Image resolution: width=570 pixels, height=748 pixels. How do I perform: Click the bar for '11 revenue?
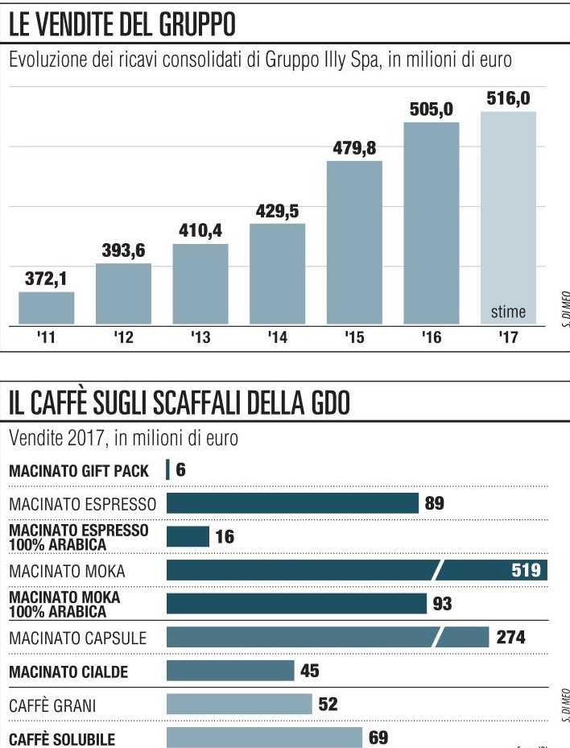click(46, 308)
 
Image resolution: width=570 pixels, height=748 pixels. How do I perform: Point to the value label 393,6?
click(123, 251)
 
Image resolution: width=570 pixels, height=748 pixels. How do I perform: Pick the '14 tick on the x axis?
click(277, 338)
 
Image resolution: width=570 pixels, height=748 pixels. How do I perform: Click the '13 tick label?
click(200, 338)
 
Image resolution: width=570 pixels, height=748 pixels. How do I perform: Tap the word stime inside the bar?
click(508, 312)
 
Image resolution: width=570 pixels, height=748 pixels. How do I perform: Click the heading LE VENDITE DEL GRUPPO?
click(122, 26)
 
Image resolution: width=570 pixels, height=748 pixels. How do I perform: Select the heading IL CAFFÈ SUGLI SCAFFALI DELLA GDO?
click(179, 403)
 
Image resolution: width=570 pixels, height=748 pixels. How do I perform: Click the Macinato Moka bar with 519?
click(357, 571)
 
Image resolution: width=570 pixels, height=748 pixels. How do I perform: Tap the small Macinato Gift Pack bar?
click(167, 469)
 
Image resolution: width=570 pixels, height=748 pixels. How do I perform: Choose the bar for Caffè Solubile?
click(264, 738)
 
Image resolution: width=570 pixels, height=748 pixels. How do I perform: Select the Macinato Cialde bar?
click(230, 671)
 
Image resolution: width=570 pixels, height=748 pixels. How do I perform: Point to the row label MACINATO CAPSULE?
click(78, 638)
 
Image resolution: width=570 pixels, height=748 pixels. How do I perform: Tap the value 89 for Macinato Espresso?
click(435, 503)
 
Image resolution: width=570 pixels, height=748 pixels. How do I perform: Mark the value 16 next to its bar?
click(225, 537)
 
